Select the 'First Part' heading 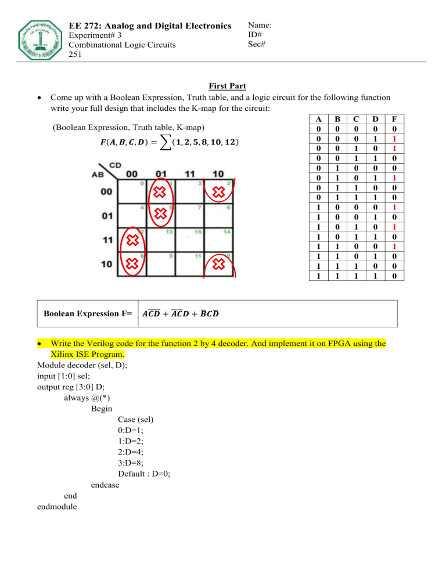[x=223, y=86]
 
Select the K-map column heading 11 [x=188, y=174]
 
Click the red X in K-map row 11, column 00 [x=133, y=240]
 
